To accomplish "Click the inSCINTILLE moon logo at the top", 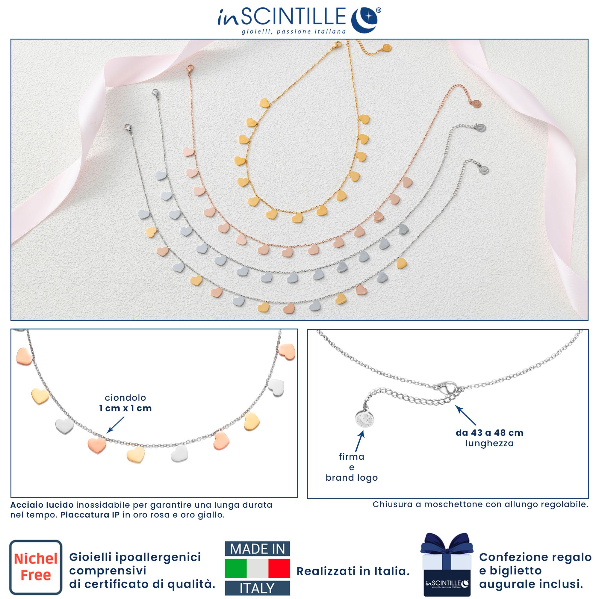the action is coord(364,19).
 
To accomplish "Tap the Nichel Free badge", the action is coord(36,567).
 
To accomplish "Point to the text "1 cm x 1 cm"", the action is coord(125,408).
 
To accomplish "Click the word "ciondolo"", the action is coord(125,398).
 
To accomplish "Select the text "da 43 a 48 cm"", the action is coord(490,433).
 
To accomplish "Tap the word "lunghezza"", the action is coord(490,444).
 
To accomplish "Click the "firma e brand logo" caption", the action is coord(352,467).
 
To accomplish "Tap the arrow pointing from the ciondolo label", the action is coord(116,424).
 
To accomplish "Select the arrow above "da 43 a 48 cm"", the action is coord(466,415).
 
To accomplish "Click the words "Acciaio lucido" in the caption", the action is coord(42,505).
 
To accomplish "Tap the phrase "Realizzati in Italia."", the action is coord(353,571).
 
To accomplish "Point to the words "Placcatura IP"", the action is coord(90,515).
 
